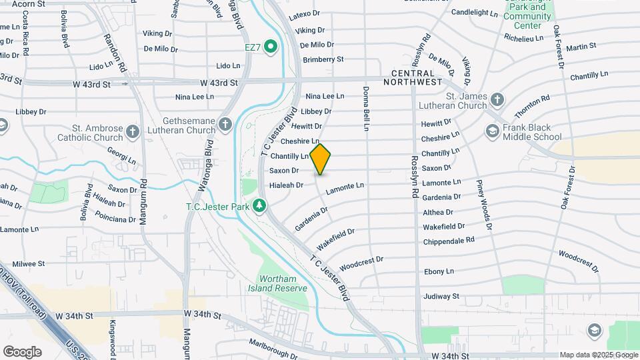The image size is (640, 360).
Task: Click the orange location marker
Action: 321,159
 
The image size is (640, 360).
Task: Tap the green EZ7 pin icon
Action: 271,47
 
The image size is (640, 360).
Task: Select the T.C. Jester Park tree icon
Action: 259,206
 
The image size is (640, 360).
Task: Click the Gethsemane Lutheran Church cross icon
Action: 226,124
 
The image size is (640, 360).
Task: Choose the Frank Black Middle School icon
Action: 493,131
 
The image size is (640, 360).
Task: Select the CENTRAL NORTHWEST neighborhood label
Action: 417,77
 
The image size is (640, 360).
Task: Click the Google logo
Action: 23,351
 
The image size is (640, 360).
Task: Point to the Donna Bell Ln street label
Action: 366,107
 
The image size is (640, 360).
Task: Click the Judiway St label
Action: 442,296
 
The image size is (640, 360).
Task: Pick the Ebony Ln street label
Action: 439,271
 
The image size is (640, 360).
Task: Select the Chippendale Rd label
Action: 449,239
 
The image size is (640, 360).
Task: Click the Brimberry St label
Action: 323,59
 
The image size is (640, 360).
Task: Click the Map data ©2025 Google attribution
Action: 598,355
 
